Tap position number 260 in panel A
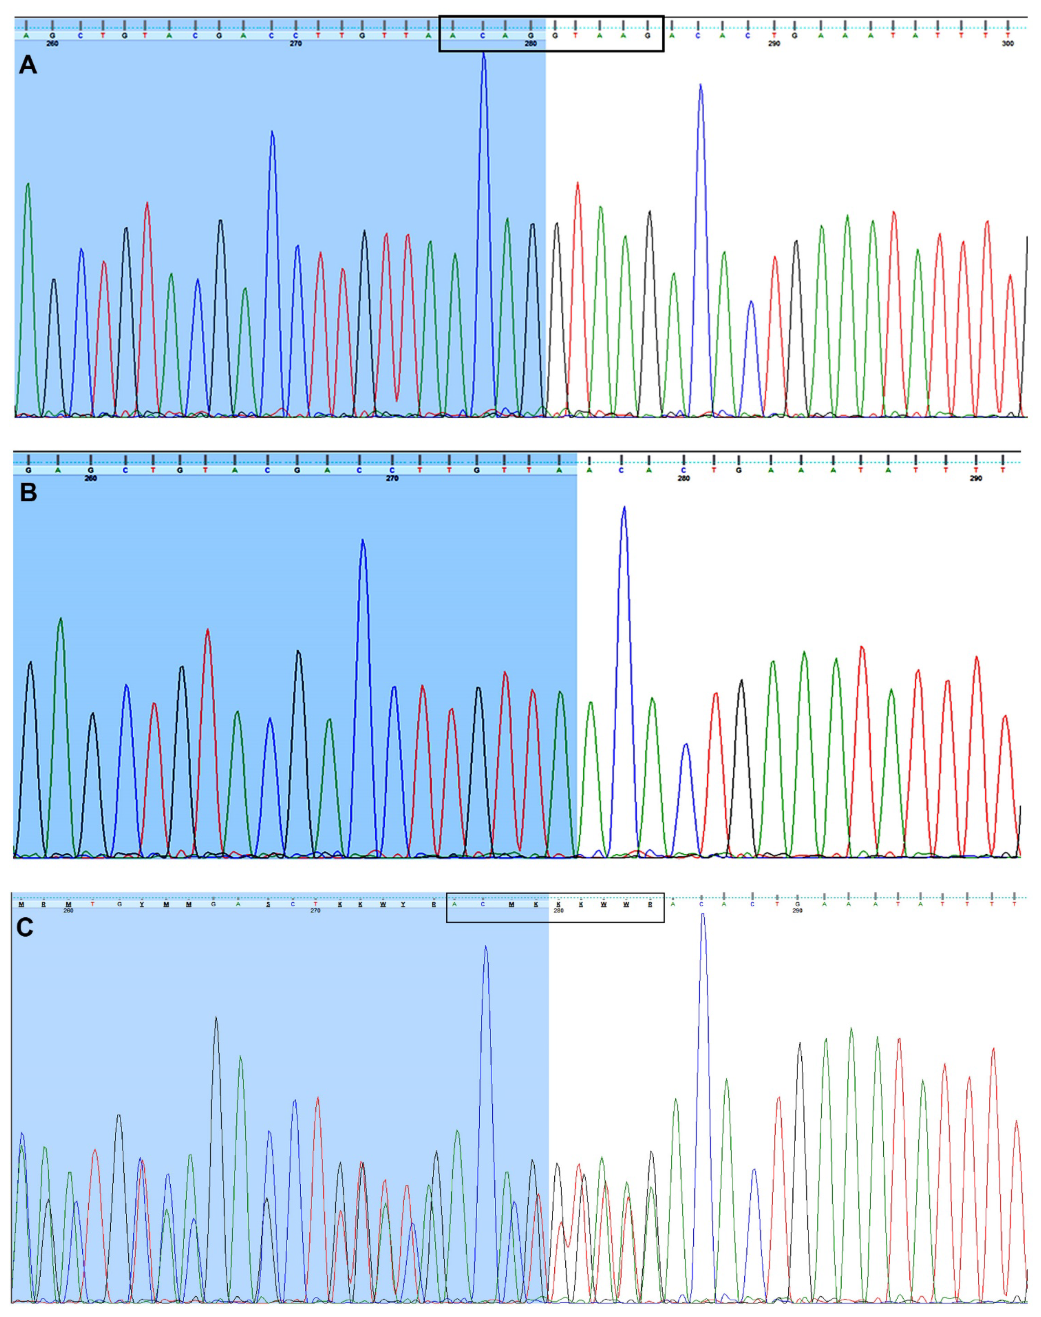pos(53,44)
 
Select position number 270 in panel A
pos(296,44)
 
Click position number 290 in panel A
pos(774,44)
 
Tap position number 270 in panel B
pos(392,478)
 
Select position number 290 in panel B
pos(976,478)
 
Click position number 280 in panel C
pos(558,911)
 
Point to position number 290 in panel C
pos(797,911)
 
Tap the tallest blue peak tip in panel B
pos(623,508)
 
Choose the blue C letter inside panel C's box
pos(483,904)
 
